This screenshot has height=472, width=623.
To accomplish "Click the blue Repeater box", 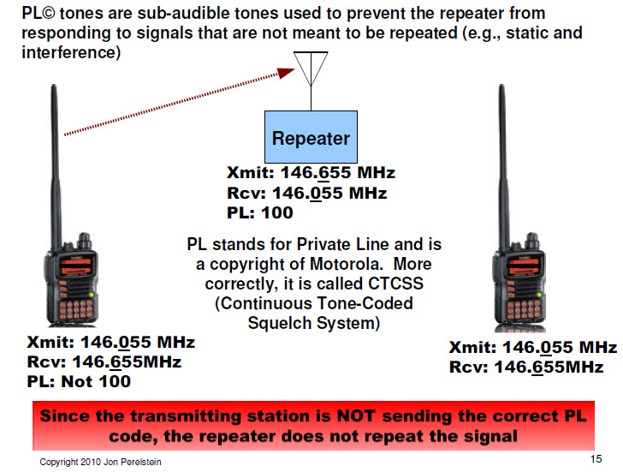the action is pos(311,137).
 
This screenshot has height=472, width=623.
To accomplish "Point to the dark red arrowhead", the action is pos(286,73).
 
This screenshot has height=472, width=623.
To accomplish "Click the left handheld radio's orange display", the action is pos(75,266).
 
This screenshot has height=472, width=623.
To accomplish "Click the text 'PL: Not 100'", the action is pos(79,381).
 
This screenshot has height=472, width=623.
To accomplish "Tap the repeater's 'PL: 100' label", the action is pos(260,212).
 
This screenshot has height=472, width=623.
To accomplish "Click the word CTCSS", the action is pos(395,284).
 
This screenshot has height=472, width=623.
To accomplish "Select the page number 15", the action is pos(596,459).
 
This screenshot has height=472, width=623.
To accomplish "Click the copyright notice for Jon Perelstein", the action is pos(100,462).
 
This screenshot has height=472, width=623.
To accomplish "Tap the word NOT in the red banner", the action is pos(356,416).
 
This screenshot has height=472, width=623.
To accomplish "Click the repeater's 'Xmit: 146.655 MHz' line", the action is pos(311,172).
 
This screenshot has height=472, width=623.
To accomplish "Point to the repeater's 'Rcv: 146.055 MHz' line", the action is pos(306,194).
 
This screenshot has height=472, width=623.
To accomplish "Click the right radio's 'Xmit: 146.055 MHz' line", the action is pos(533,348).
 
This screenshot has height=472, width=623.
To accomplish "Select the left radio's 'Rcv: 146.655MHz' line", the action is pos(104,361).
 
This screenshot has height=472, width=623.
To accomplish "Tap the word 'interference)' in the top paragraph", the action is pos(71,52).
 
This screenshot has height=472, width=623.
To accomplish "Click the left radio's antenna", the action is pos(56,167).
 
